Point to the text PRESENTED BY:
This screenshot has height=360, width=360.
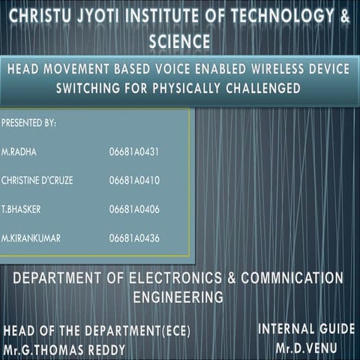click(x=29, y=120)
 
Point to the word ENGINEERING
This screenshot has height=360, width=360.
click(x=178, y=297)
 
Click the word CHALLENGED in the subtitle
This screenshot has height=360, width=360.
click(x=259, y=88)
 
